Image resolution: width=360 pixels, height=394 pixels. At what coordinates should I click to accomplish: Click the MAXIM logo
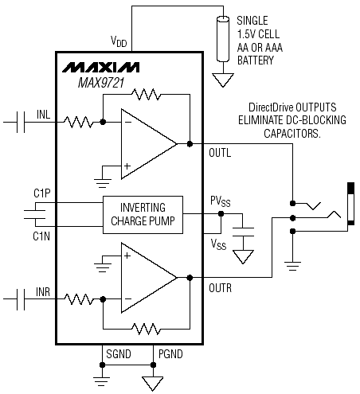tap(100, 68)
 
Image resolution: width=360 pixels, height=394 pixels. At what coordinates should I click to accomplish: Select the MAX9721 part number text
tap(101, 83)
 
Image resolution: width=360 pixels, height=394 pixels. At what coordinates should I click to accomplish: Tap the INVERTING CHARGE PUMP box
tap(143, 215)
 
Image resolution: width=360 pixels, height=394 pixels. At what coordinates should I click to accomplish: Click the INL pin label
tap(43, 115)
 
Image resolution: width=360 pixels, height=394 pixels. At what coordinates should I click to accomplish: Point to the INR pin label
tap(43, 292)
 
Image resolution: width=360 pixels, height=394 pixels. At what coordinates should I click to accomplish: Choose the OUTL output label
tap(220, 153)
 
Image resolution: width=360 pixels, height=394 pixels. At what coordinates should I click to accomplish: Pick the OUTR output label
tap(220, 288)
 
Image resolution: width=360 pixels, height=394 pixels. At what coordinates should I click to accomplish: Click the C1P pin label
tap(42, 193)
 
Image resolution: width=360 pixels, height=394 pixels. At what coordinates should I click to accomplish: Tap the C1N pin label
tap(41, 236)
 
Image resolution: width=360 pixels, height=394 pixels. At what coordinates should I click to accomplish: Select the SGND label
tap(119, 354)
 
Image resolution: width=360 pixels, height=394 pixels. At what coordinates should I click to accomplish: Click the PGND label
tap(170, 354)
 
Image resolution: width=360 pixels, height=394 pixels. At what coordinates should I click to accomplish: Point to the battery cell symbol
tap(223, 39)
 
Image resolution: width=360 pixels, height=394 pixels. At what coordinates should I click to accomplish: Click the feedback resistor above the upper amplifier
tap(147, 94)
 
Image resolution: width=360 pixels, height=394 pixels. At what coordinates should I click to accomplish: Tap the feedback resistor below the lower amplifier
tap(147, 329)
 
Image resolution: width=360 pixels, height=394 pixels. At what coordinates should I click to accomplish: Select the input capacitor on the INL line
tap(21, 122)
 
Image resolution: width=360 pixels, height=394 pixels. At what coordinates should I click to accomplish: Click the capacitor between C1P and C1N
tap(34, 215)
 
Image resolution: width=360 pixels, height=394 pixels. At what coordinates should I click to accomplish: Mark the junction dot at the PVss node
tap(221, 213)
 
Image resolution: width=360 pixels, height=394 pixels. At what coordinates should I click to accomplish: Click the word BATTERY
tap(256, 60)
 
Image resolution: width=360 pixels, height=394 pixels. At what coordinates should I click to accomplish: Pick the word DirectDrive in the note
tap(271, 107)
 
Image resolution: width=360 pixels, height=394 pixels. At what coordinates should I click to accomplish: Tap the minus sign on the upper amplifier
tap(127, 122)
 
